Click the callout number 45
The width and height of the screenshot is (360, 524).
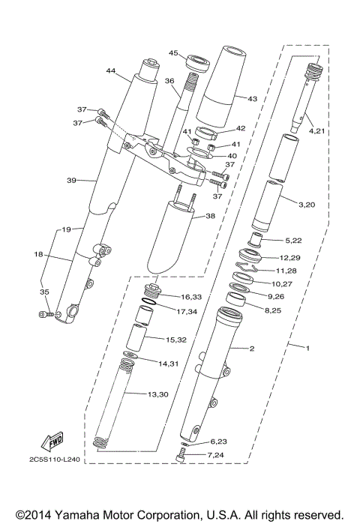(172, 53)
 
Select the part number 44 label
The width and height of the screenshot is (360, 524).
(111, 71)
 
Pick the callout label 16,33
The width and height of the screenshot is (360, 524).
(191, 298)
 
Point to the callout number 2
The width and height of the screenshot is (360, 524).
(252, 349)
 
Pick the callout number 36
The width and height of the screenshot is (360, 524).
(169, 81)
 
